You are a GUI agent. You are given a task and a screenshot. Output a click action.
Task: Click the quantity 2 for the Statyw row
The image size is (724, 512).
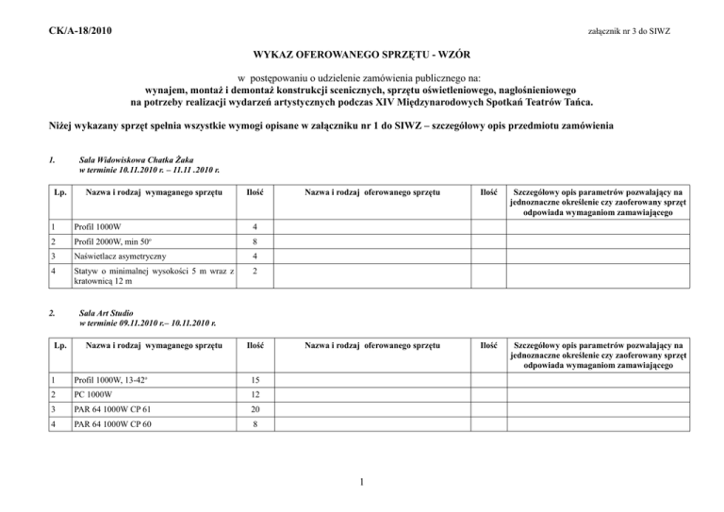(256, 273)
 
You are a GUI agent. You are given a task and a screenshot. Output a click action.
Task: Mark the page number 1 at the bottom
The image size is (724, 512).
(363, 487)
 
